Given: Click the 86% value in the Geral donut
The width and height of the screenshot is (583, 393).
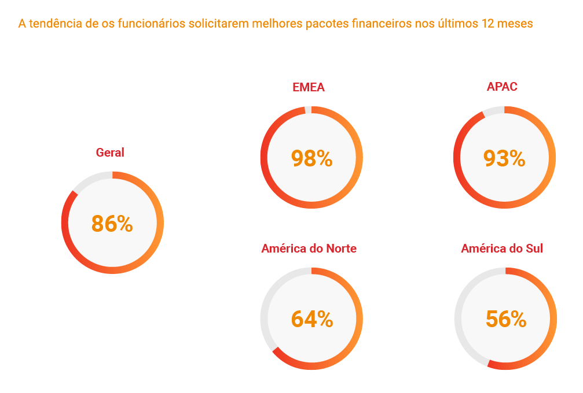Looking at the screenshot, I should coord(112,224).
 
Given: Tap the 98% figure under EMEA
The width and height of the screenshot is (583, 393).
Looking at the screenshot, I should coord(311,158).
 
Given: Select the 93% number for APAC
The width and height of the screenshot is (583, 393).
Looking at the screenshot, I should coord(504,158).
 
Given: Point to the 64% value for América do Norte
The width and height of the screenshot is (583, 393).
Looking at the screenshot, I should coord(311,319).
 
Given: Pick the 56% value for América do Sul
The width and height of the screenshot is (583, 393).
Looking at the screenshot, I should coord(505,319).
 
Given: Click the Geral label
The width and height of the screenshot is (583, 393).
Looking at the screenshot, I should coord(110,153).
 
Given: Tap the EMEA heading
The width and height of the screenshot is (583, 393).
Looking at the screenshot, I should coord(309,88).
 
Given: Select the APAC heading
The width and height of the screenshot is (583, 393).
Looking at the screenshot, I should coord(502,87).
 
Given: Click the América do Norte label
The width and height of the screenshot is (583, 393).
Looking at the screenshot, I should coord(309,249).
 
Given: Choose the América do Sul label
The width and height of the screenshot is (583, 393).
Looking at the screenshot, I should coord(502,249).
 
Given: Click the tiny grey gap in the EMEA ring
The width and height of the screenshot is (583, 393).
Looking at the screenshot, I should coord(308,109).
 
